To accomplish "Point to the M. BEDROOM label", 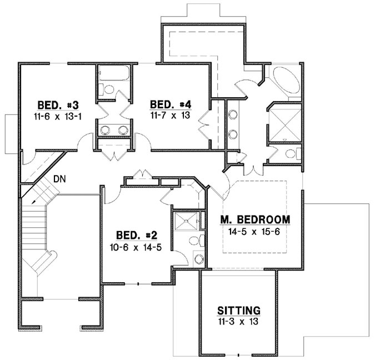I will (254, 220).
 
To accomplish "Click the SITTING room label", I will (239, 311).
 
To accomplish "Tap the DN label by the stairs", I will (61, 179).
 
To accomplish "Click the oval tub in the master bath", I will (285, 83).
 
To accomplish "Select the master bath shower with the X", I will (285, 123).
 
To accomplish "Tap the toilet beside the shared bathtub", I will (109, 89).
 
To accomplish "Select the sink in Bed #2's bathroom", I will (198, 259).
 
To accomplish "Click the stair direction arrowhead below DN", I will (34, 201).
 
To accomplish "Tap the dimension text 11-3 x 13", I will (239, 321).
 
